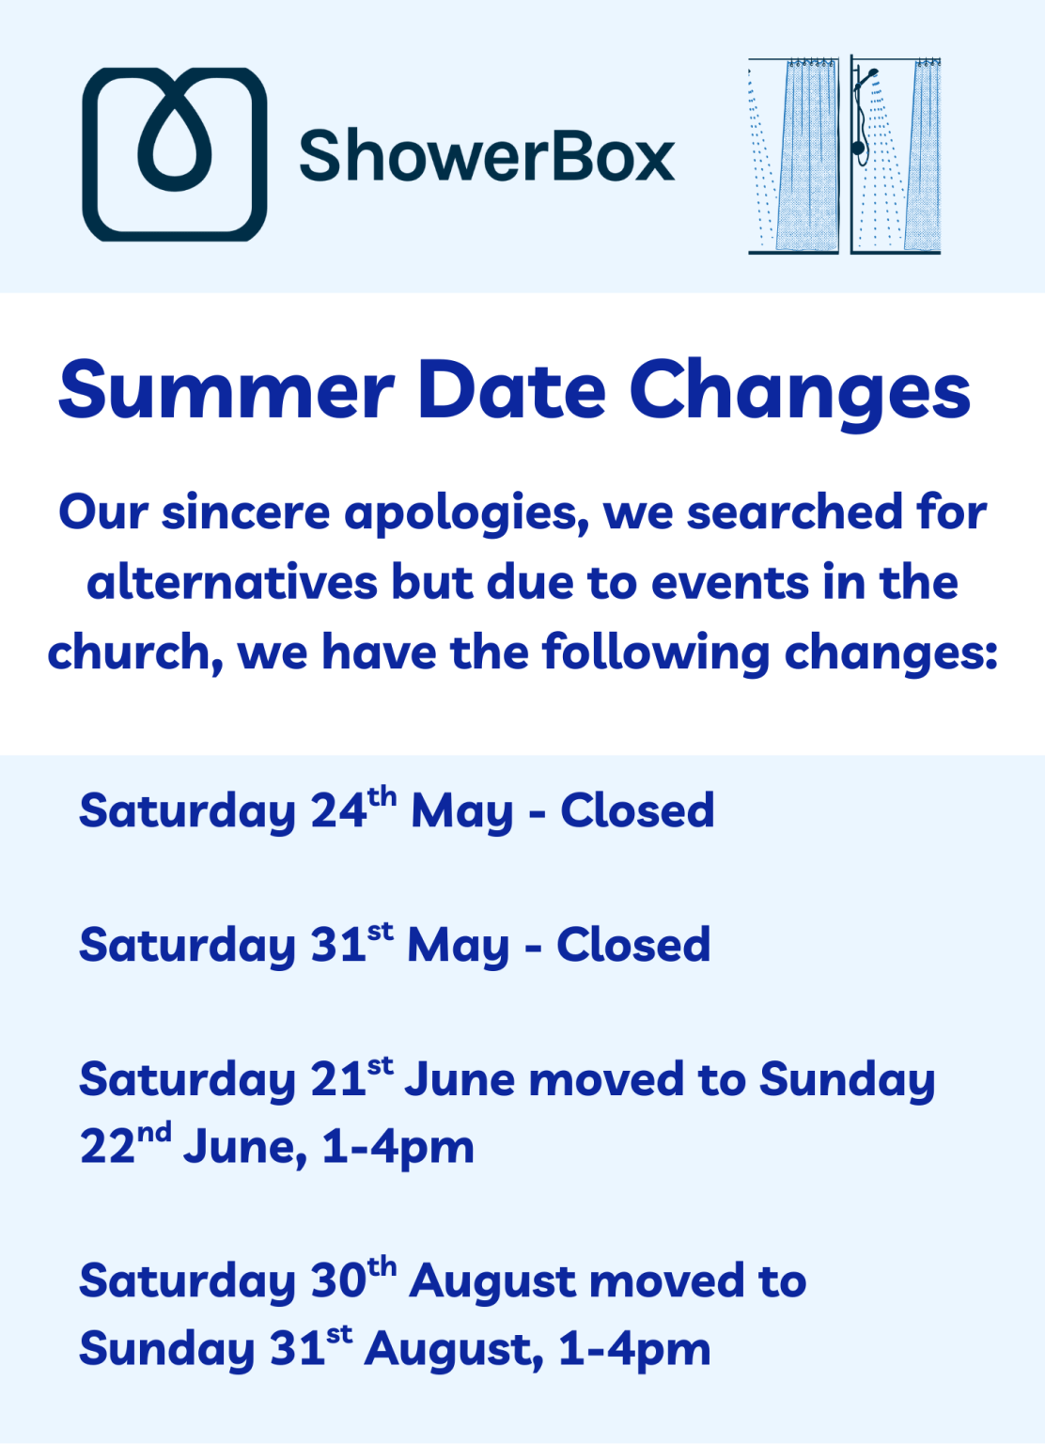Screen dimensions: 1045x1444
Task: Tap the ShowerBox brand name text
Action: [x=487, y=155]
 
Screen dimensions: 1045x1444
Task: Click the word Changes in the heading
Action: [x=800, y=394]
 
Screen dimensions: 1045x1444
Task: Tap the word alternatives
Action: [x=232, y=582]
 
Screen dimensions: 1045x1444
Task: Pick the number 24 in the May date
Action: [x=339, y=810]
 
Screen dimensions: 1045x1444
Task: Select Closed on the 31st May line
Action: [x=634, y=945]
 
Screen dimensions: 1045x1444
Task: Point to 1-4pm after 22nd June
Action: [x=398, y=1150]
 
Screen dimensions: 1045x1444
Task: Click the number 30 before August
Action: [x=339, y=1280]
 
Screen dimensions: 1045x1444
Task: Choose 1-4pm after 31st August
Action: [x=634, y=1350]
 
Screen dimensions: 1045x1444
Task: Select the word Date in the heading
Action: [x=513, y=391]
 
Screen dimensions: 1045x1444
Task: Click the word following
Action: [x=656, y=653]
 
